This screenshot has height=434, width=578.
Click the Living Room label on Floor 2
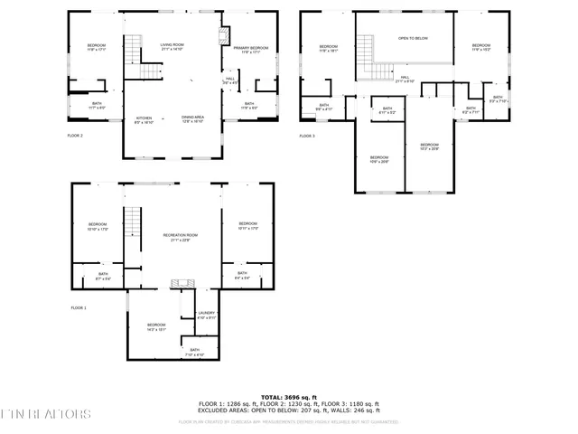pos(172,47)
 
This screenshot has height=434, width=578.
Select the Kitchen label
pos(144,118)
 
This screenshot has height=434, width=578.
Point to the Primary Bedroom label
pos(250,49)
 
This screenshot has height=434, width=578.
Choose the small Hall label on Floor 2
pos(229,81)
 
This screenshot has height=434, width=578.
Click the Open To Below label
pos(414,38)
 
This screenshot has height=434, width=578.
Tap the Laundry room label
pos(207,315)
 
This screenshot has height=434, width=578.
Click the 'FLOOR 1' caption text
pos(79,307)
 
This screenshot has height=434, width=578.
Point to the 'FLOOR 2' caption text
pos(75,136)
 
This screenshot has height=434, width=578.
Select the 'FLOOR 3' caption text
pos(307,136)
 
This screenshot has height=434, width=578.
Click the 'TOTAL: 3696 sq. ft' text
pos(288,397)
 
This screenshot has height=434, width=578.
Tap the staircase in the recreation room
pos(133,222)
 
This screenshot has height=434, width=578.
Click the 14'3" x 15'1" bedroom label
pos(156,326)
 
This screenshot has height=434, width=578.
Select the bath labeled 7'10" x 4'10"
pos(194,353)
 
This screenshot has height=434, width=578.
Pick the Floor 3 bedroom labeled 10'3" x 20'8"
pos(429,146)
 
